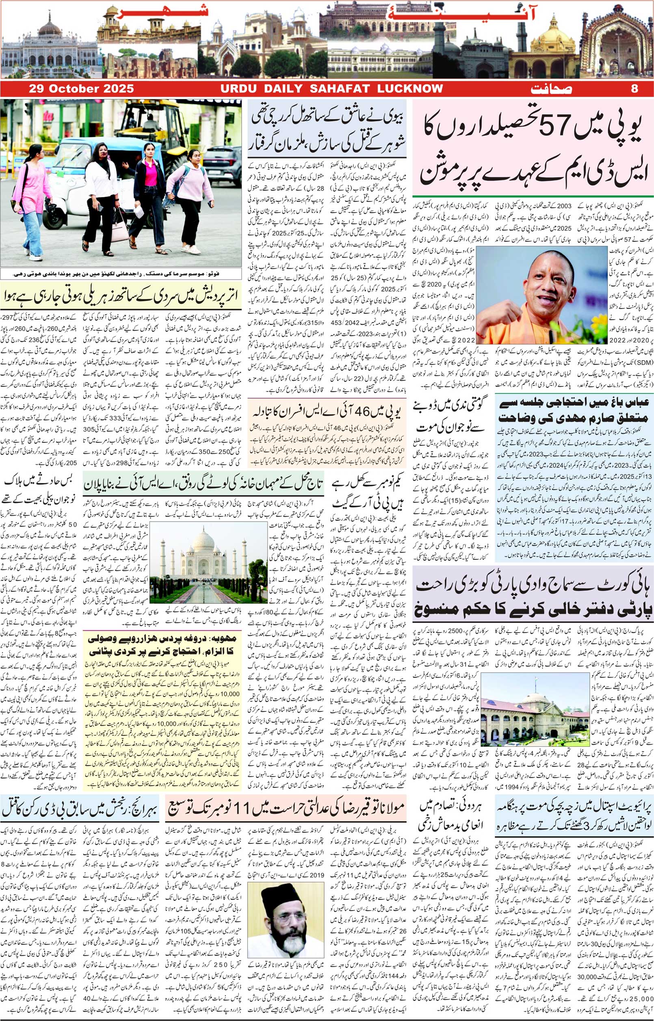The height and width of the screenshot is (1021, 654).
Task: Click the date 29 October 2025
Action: (81, 89)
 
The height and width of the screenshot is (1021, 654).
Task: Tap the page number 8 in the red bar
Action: (635, 89)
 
